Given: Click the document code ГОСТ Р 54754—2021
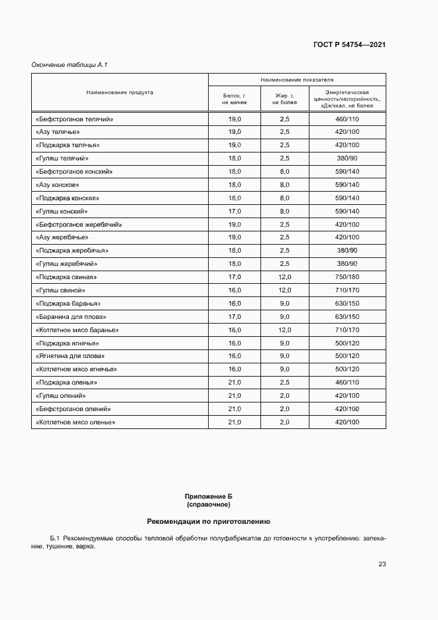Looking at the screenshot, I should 349,45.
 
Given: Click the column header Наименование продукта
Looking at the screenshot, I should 120,93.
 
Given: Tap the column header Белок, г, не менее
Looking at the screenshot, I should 235,99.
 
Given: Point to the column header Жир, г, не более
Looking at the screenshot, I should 284,99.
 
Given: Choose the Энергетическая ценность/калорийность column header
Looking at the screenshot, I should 347,99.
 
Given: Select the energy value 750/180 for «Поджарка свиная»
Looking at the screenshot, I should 347,277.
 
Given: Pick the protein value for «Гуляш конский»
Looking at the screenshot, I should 235,212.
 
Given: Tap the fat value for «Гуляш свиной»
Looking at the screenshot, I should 284,290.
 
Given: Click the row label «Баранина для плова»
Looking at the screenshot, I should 70,317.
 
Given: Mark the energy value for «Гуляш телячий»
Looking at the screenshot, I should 347,158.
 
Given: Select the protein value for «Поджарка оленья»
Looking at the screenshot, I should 235,383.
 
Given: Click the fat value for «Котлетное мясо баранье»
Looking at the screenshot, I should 284,330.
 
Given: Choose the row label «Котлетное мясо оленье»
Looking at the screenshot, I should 75,422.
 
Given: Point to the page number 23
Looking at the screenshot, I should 382,564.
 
